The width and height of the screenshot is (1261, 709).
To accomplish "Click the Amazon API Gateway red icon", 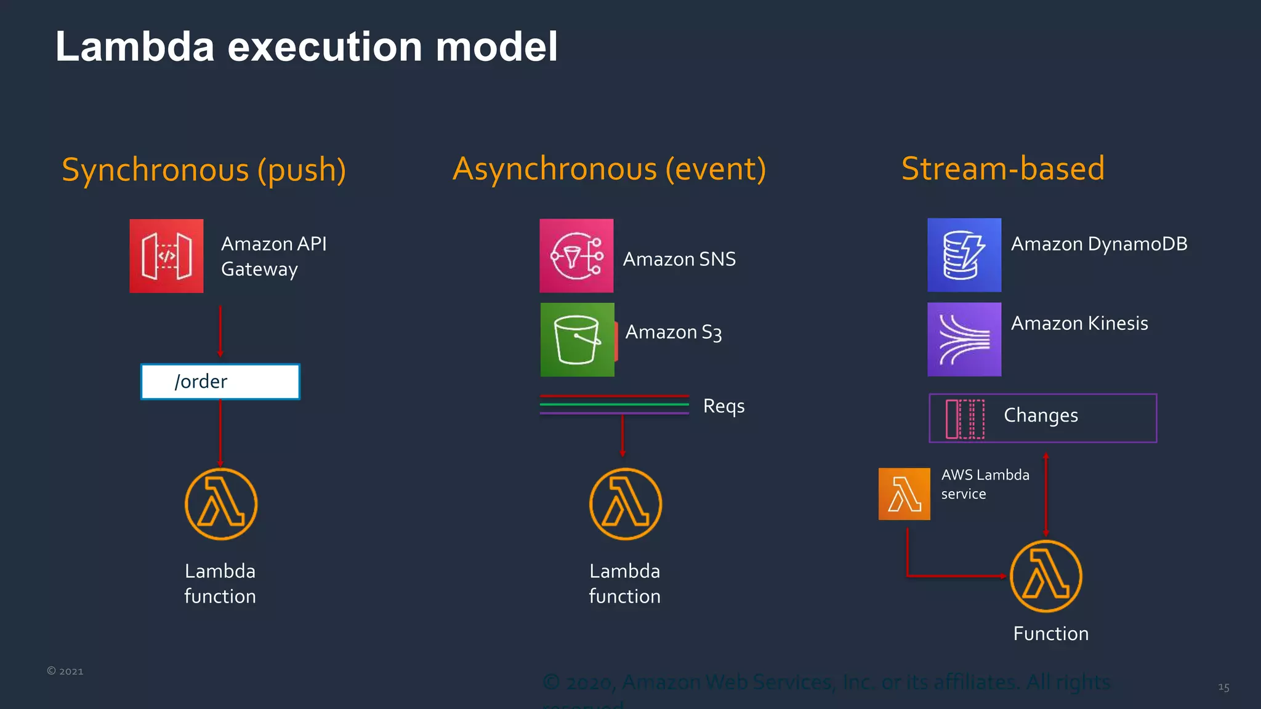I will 166,256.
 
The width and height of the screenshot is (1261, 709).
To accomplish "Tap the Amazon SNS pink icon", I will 576,256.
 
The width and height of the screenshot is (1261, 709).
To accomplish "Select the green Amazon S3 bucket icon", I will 577,340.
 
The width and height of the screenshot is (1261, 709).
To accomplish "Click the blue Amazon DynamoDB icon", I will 964,255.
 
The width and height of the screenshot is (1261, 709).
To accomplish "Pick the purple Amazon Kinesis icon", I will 964,339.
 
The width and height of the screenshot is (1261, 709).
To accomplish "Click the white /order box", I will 220,382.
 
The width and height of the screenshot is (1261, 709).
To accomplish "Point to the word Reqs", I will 723,406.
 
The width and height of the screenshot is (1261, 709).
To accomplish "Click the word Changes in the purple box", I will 1041,415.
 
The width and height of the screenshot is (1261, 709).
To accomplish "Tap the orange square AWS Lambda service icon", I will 904,494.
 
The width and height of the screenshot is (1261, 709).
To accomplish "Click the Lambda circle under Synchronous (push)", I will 221,504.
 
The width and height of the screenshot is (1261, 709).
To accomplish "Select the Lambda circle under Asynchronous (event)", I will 626,504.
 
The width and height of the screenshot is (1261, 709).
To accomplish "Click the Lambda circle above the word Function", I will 1045,576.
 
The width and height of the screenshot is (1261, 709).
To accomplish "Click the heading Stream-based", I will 1003,169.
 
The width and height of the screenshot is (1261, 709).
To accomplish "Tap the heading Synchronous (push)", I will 204,170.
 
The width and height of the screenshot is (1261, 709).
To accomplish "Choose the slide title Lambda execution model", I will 307,47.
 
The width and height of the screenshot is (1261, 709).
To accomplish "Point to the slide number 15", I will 1223,687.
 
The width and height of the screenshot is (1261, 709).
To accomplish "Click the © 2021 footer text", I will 65,671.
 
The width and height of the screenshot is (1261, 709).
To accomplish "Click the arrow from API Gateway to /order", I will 220,331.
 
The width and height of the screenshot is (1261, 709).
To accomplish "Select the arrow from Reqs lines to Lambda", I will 622,436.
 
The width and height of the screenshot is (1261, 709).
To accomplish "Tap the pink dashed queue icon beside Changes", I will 965,419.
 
